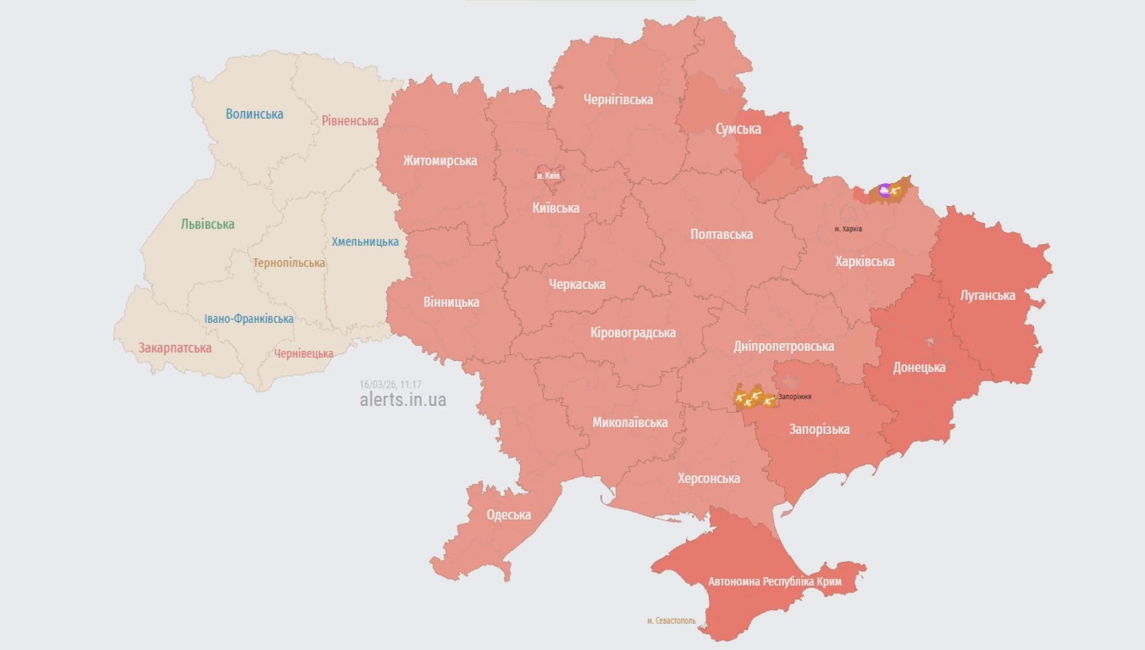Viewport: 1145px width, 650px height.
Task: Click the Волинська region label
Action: tap(254, 114)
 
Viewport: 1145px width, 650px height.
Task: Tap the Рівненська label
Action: tap(350, 121)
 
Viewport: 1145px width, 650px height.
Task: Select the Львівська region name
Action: tap(208, 224)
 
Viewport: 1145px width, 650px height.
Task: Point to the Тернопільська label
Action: tap(289, 263)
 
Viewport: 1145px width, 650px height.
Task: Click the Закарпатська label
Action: tap(175, 348)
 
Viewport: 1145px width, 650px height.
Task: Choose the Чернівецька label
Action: tap(304, 353)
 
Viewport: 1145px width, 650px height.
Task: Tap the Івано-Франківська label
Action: tap(249, 319)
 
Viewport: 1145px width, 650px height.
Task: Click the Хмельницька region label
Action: tap(365, 242)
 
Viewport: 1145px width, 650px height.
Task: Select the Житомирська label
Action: tap(440, 161)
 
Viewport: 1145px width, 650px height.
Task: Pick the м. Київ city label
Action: tap(548, 175)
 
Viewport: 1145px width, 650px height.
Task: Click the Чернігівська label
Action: tap(618, 100)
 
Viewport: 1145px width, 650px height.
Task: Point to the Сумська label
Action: tap(738, 129)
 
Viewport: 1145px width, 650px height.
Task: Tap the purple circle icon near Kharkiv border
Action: tap(885, 190)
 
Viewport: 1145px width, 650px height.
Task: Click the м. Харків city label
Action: tap(848, 229)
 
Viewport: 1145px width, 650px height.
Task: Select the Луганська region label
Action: tap(988, 295)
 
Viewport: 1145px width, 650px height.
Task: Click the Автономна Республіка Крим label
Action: tap(775, 581)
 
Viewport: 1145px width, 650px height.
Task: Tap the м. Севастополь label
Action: tap(671, 621)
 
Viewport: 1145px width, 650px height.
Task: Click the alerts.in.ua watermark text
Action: tap(403, 400)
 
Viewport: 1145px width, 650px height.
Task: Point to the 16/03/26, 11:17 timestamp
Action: tap(390, 384)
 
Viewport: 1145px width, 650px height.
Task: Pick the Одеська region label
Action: tap(508, 515)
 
